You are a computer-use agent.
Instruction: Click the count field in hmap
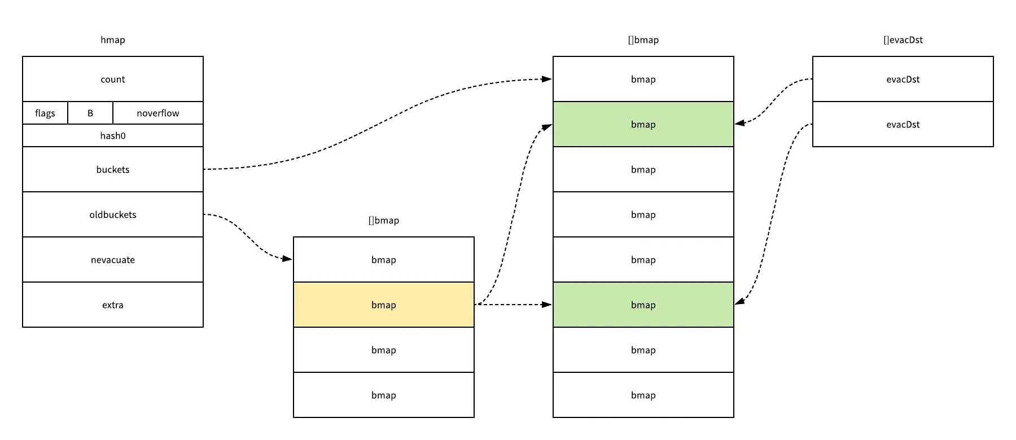[x=113, y=79]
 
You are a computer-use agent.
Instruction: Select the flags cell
[x=45, y=113]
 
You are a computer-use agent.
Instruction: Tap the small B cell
[x=90, y=113]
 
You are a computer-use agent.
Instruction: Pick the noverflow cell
[x=158, y=113]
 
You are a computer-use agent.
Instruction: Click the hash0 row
[x=113, y=135]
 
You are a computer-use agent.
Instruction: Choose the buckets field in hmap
[x=113, y=169]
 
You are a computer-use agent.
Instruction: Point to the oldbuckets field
[x=113, y=214]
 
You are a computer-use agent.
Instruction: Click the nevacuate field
[x=113, y=259]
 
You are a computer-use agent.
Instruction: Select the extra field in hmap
[x=113, y=305]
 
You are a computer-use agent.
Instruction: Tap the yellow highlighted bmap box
[x=384, y=305]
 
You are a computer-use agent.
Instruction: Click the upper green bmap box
[x=643, y=124]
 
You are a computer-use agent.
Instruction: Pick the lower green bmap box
[x=643, y=305]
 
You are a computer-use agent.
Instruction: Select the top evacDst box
[x=903, y=79]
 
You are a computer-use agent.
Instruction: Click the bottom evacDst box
[x=903, y=124]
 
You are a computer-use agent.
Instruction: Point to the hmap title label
[x=113, y=39]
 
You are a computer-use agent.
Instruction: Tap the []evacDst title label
[x=903, y=39]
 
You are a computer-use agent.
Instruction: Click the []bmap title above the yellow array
[x=384, y=220]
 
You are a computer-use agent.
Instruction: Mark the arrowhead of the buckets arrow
[x=547, y=79]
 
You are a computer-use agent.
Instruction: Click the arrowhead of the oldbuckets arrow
[x=287, y=259]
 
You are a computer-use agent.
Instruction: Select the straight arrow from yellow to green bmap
[x=514, y=305]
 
